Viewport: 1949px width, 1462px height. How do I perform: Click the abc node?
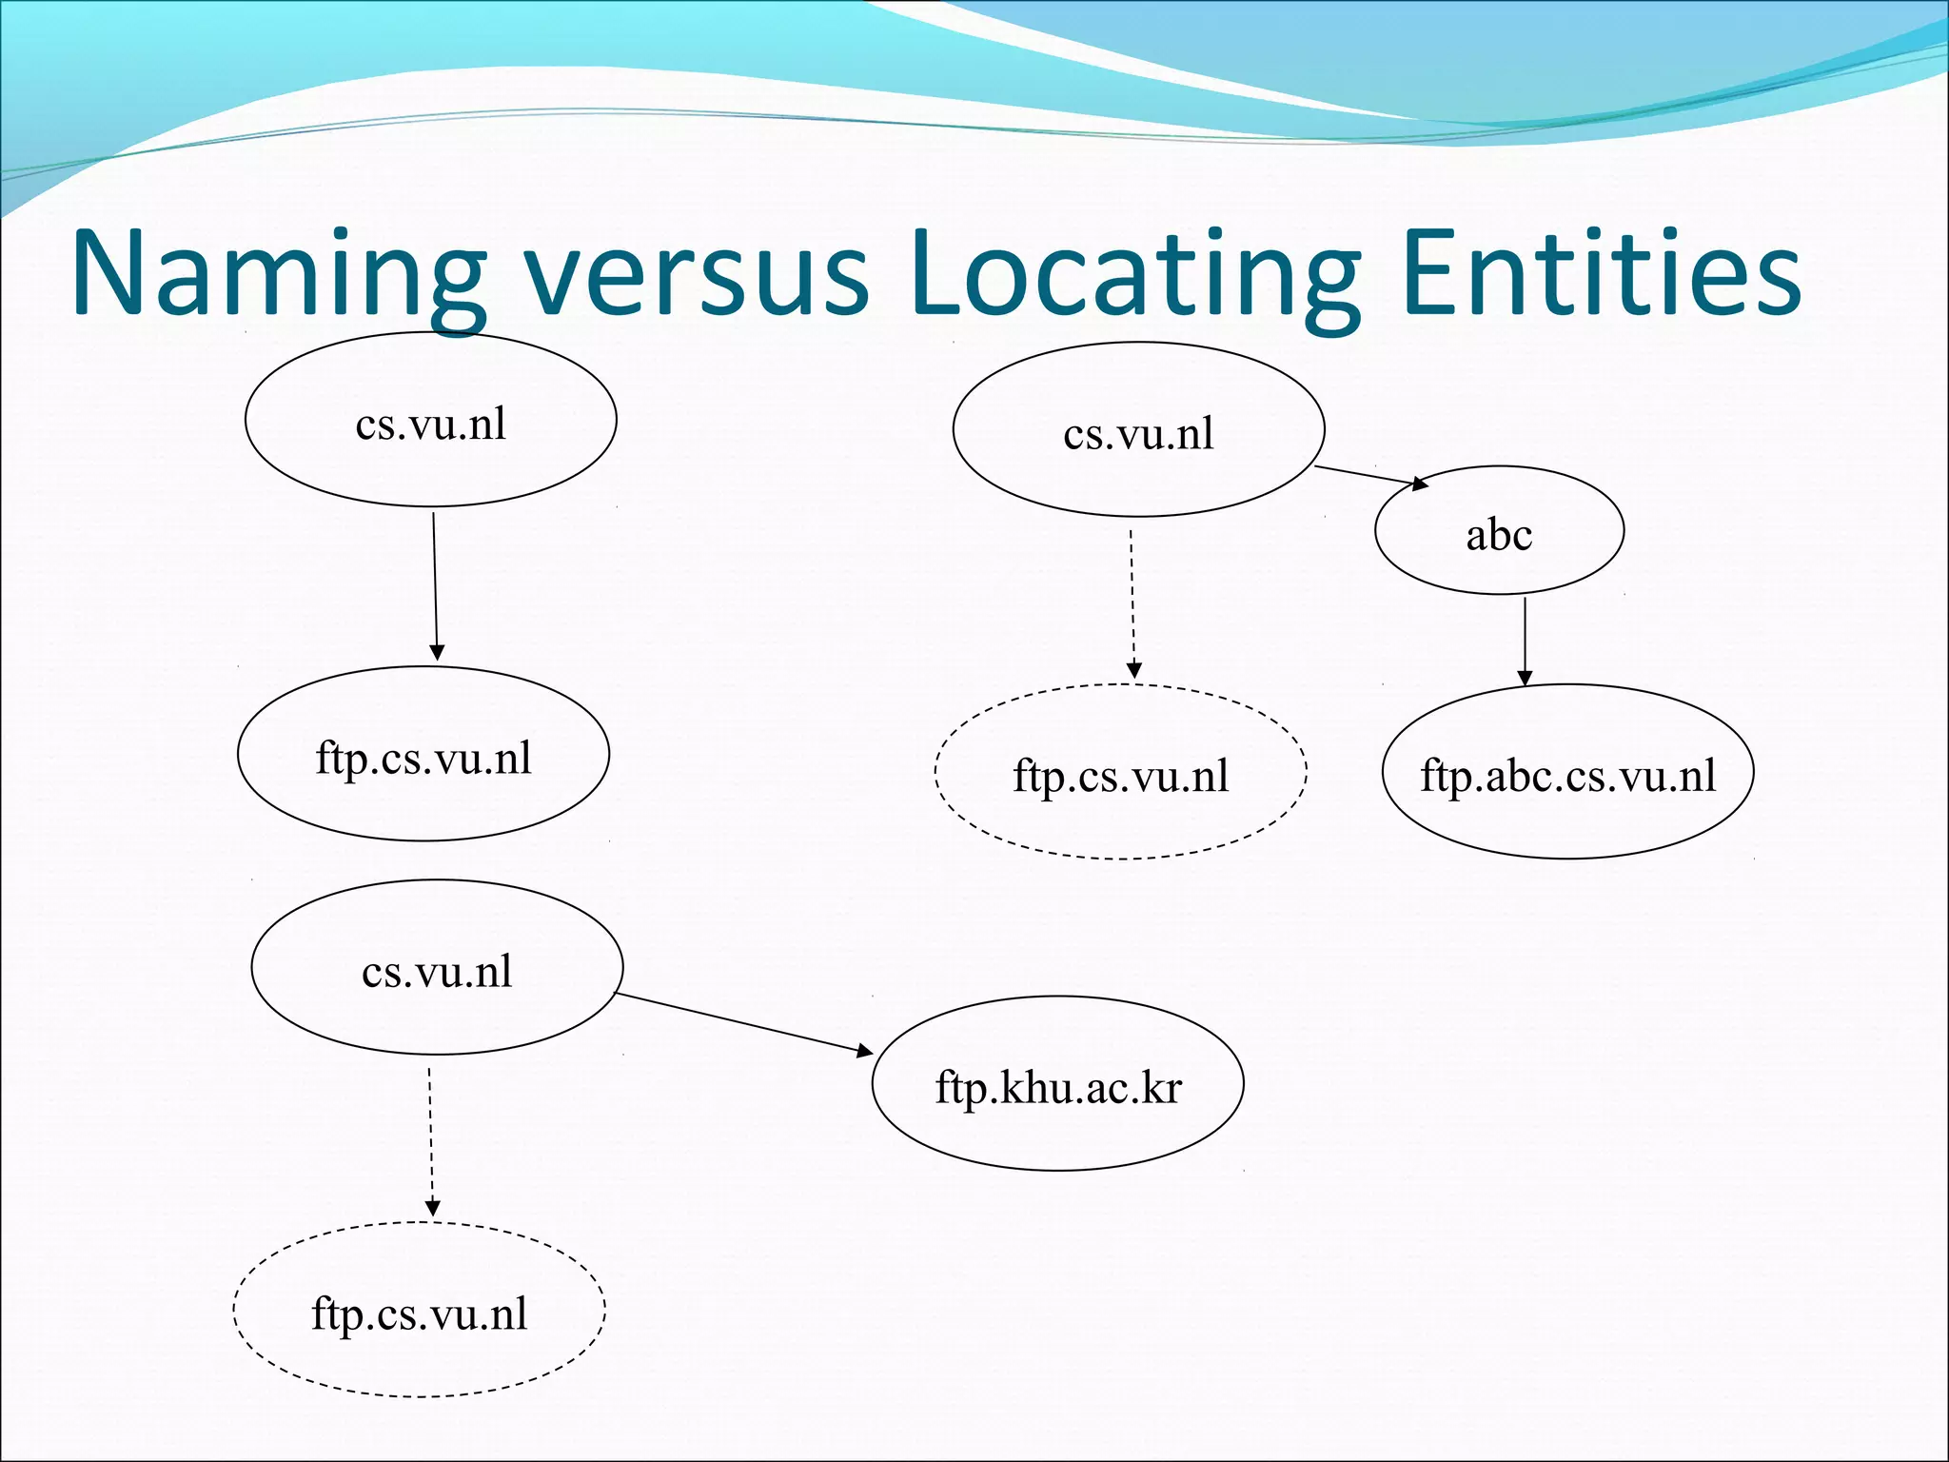[1499, 531]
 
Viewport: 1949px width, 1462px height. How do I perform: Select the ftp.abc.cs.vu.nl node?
[1567, 772]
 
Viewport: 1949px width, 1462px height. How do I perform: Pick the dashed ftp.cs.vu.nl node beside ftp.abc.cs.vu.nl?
[1120, 772]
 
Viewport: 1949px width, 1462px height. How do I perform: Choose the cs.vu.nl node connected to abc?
[1138, 430]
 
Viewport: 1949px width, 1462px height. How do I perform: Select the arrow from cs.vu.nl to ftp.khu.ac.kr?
[742, 1023]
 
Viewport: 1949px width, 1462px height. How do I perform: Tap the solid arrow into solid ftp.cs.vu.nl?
[435, 585]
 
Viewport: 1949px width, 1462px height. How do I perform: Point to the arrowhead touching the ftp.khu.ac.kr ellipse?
[864, 1051]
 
